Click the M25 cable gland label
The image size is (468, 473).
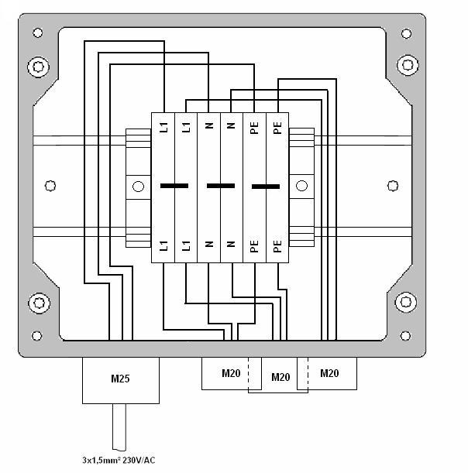120,379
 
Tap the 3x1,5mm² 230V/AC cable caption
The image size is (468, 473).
119,460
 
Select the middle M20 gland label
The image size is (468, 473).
280,377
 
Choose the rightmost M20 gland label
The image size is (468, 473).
329,373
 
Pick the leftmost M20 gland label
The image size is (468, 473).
231,373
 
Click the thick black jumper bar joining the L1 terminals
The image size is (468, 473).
174,186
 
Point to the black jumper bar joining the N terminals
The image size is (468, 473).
221,186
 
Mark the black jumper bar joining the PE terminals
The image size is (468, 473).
266,187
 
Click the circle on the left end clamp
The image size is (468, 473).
138,187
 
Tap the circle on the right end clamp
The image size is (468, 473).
301,186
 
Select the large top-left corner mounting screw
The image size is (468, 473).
38,67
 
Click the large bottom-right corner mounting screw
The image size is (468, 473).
406,302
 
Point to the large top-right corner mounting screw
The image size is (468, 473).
408,65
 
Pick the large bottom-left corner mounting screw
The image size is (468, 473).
40,303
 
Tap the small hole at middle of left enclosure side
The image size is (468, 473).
50,186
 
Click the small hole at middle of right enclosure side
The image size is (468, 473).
393,186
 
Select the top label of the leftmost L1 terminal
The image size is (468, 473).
163,127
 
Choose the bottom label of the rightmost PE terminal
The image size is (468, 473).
277,246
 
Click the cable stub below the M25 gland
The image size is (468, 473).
119,427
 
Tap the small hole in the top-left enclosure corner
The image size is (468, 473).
38,33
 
